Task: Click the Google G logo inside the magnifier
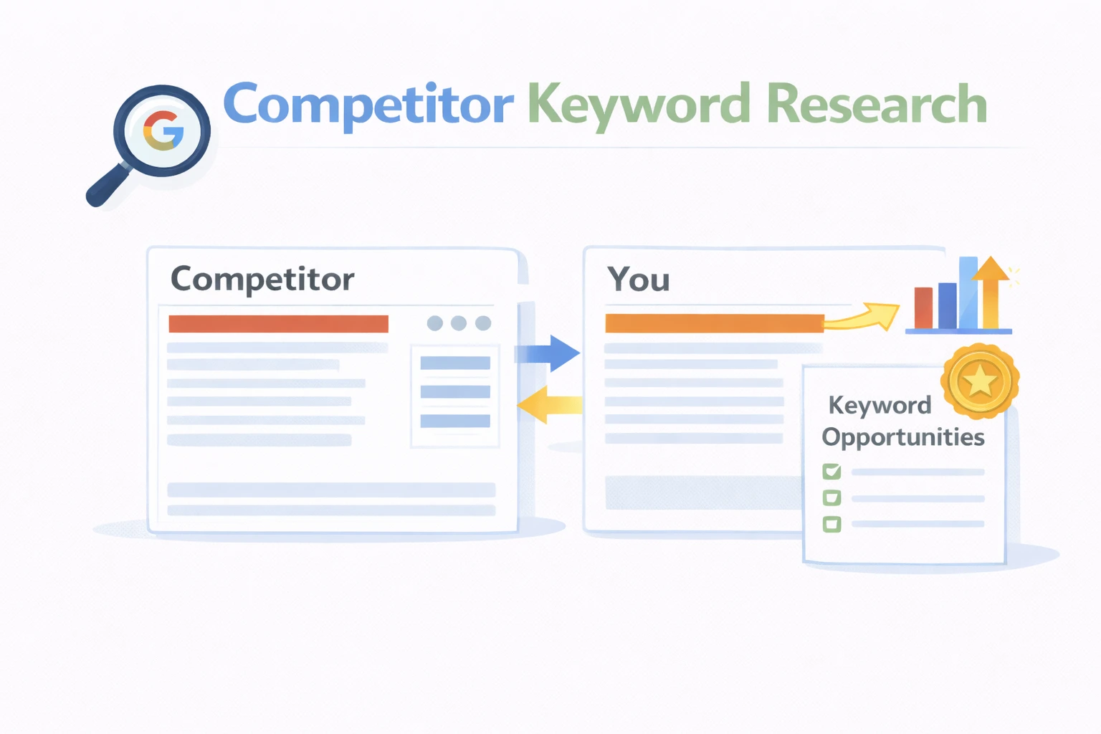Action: [x=163, y=130]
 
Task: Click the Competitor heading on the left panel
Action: [x=262, y=279]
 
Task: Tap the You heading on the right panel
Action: [x=638, y=279]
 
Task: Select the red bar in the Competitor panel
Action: [x=278, y=324]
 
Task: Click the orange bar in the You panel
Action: [x=714, y=323]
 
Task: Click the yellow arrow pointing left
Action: [x=546, y=405]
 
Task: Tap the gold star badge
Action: [x=980, y=381]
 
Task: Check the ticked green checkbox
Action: [x=831, y=472]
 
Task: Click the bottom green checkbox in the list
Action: [x=831, y=524]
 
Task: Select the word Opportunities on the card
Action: [x=903, y=437]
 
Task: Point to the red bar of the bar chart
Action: [x=923, y=308]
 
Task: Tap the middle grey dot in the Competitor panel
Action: [x=459, y=323]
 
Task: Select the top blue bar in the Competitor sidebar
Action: [x=455, y=363]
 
